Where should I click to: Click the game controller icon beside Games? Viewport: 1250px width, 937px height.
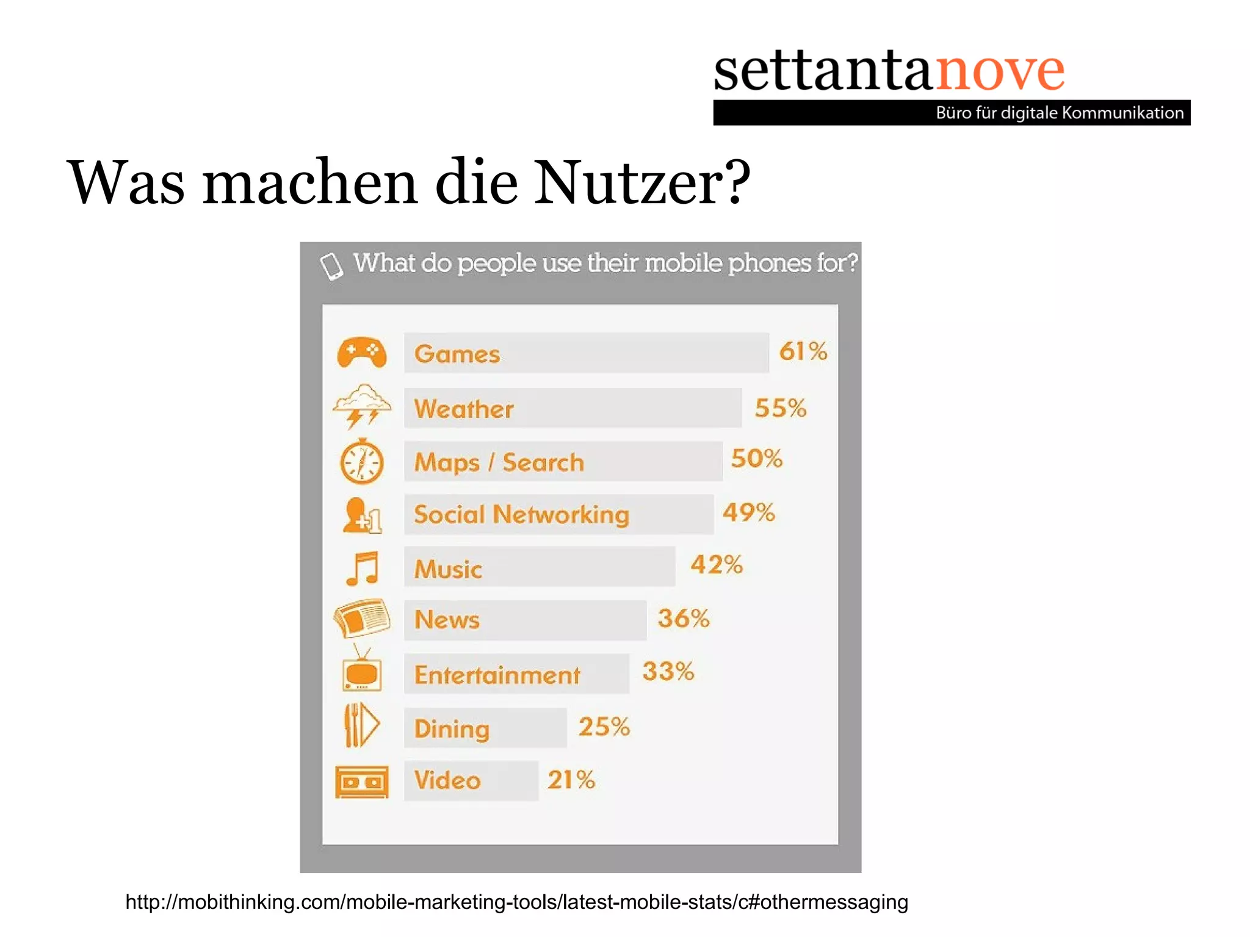point(361,353)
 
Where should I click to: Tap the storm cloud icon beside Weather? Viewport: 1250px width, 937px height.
point(361,406)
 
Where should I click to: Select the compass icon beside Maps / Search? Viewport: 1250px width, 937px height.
point(361,462)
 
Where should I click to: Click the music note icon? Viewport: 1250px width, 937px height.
point(363,568)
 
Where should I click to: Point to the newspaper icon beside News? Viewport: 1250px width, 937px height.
point(362,618)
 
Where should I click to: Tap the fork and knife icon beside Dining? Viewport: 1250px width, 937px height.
point(361,725)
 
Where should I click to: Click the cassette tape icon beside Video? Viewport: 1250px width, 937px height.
point(361,781)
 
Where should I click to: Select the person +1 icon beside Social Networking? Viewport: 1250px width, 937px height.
point(362,515)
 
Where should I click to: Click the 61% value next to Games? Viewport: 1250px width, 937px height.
point(803,351)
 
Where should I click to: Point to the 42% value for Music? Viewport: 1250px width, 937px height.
point(717,565)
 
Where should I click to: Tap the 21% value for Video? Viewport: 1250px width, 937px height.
point(571,780)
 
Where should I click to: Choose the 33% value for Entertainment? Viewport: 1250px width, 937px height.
point(668,672)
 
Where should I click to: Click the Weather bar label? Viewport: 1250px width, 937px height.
point(464,409)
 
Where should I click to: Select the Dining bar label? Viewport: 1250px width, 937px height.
point(452,729)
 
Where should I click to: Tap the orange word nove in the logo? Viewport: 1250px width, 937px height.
point(1000,71)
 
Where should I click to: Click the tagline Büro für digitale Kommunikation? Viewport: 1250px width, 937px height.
point(1060,113)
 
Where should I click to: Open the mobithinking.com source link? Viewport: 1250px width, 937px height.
point(516,902)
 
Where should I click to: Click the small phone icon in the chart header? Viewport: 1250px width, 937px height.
point(332,265)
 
